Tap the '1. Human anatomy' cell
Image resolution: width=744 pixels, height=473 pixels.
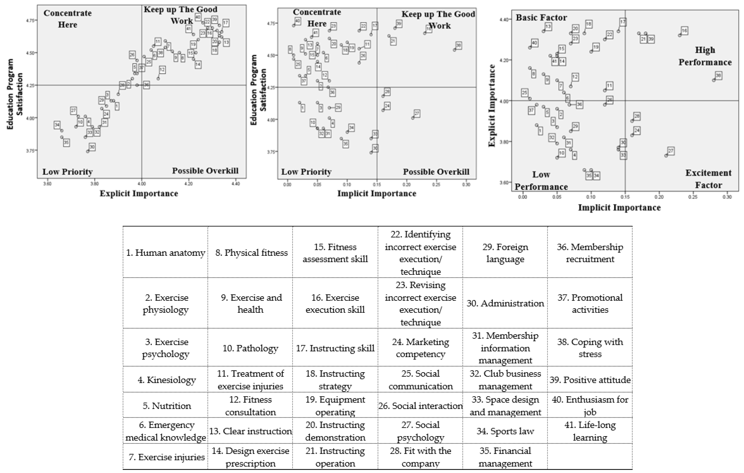click(166, 253)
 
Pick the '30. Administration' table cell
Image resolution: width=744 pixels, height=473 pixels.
click(505, 303)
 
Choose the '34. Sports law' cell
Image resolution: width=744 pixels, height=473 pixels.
click(505, 431)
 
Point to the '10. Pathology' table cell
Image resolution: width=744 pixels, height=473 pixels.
click(250, 348)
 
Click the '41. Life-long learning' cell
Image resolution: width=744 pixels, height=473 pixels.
click(590, 431)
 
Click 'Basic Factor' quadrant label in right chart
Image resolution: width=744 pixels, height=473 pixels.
click(541, 18)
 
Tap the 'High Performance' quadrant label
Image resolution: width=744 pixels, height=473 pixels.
click(705, 56)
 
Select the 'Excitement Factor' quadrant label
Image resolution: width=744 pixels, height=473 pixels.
click(708, 179)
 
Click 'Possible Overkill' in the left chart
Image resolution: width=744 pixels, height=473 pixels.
click(205, 171)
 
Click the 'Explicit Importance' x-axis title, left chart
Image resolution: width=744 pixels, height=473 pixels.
click(139, 194)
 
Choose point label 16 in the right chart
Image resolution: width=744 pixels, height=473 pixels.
click(684, 31)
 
